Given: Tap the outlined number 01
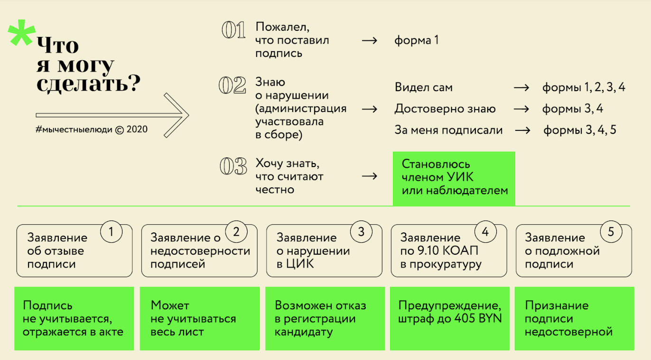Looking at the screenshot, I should (x=233, y=30).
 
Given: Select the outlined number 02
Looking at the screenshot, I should (x=232, y=85).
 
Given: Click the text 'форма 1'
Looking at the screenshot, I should (x=416, y=40).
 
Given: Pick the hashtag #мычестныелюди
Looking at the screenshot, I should (x=74, y=129).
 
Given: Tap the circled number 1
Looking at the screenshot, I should (x=112, y=232).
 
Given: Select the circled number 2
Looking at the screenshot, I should (x=236, y=232).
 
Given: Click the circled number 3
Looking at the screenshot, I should (x=361, y=232).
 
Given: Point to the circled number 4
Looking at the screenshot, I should (x=485, y=232).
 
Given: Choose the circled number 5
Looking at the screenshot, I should (x=611, y=232).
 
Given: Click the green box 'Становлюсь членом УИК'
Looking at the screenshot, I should (x=454, y=178).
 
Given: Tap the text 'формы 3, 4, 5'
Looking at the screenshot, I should (x=579, y=130).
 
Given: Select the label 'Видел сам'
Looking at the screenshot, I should (x=423, y=88).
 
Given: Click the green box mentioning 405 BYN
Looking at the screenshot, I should (x=450, y=318).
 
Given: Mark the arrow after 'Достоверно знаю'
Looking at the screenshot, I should (x=521, y=109).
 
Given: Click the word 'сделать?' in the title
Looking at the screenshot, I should (x=88, y=84).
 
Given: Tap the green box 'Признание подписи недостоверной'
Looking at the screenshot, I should (x=574, y=318).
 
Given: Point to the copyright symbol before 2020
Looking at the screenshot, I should (x=119, y=129).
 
